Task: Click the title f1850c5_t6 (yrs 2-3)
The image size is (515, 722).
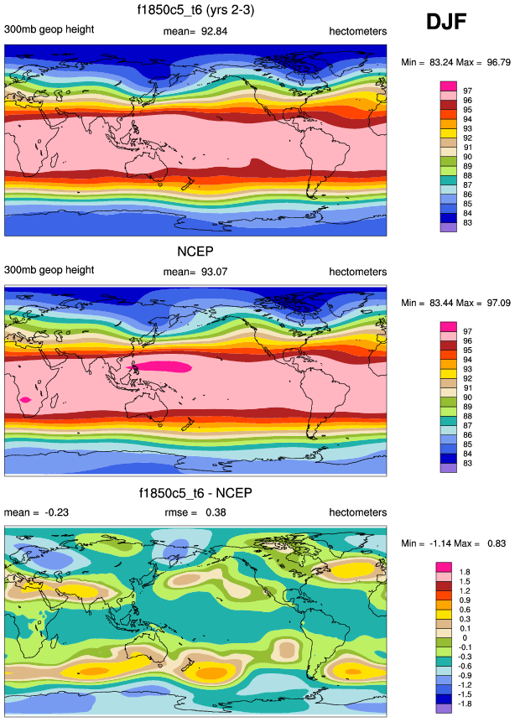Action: point(196,11)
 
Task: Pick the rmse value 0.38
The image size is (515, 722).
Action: point(217,512)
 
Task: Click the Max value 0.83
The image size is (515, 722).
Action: point(496,543)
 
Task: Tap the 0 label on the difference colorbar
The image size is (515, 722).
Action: point(463,640)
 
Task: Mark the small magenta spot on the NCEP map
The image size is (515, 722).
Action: point(27,400)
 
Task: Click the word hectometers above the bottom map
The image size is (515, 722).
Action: point(357,512)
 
